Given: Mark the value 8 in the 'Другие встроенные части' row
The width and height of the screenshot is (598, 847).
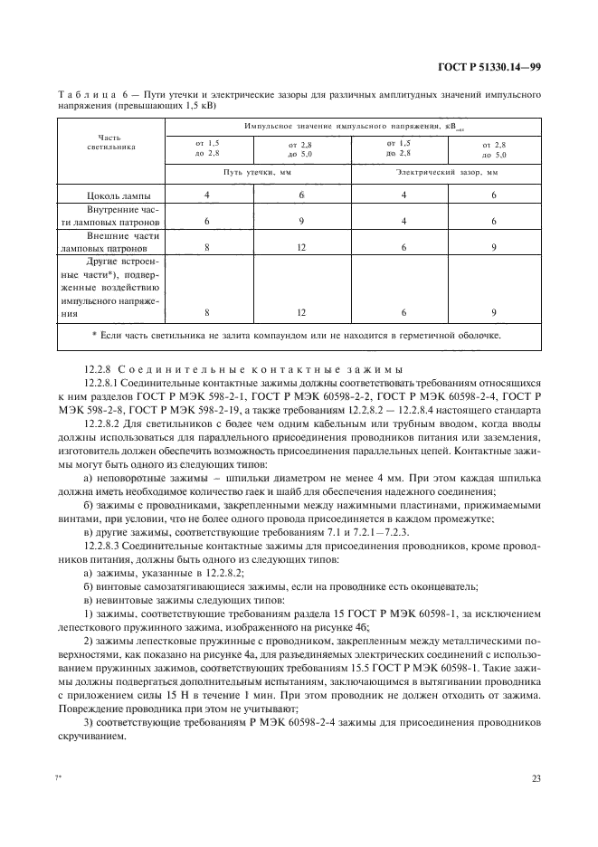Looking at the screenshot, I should click(x=207, y=312).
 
